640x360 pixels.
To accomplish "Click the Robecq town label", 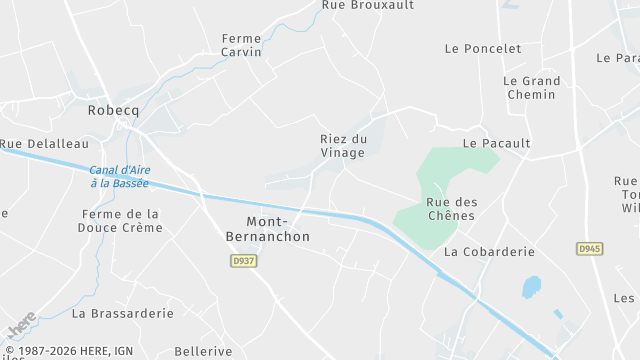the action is pos(113,110).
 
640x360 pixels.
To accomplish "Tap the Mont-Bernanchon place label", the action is pos(278,229).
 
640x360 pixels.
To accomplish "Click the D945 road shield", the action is pos(589,248).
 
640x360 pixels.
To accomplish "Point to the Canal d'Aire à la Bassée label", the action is pos(119,176).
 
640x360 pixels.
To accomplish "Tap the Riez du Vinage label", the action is pos(344,146).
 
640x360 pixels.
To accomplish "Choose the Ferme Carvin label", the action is pos(241,45).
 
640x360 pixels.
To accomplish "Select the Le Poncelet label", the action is pos(483,48).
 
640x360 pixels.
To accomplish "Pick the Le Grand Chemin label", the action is pos(531,88).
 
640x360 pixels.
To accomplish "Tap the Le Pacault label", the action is pos(496,143).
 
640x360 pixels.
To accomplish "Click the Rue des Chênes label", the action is pos(452,209).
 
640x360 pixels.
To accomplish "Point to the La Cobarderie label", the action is pos(489,252).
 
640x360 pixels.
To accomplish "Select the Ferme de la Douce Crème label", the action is pos(120,221).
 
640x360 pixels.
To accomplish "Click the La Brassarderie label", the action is pos(122,313).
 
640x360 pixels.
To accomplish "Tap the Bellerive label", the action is pos(203,351).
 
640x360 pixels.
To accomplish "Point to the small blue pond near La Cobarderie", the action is pos(531,287).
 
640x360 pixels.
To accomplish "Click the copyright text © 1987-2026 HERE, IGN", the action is pos(70,351).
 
